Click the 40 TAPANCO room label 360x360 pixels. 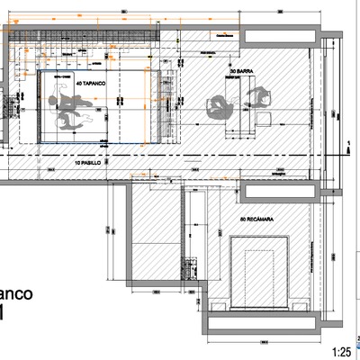(x=93, y=82)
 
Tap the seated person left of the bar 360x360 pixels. (x=220, y=105)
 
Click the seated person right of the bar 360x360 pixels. (x=262, y=97)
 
